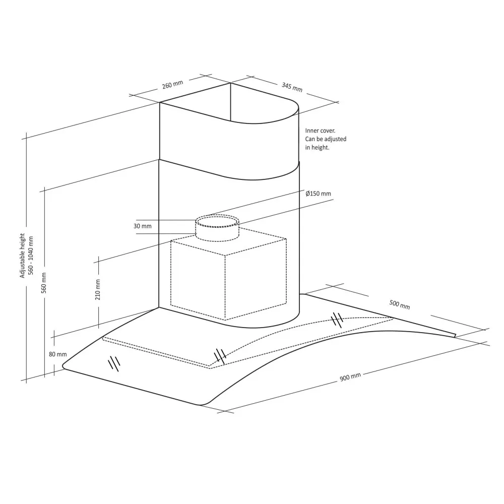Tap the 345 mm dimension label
pos(292,87)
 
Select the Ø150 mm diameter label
pos(319,194)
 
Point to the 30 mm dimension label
pos(143,226)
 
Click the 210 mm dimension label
pos(98,290)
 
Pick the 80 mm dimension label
pos(58,354)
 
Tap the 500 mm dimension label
pos(400,304)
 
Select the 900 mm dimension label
pos(350,377)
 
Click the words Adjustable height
pos(22,256)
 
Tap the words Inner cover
pos(317,130)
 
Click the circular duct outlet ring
pos(217,221)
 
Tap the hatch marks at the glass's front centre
pos(220,356)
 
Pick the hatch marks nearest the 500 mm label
pos(337,319)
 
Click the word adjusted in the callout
pos(335,139)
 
